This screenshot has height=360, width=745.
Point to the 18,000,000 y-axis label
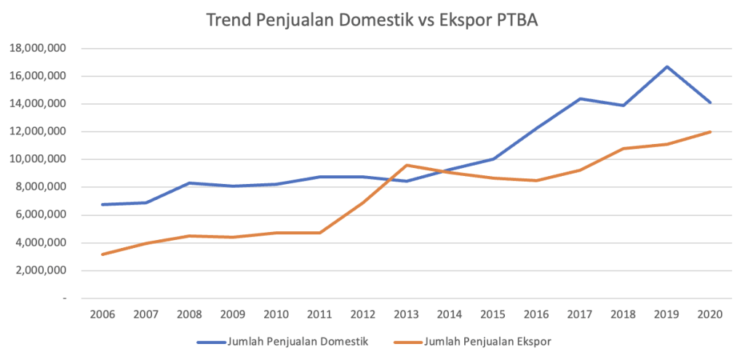38,49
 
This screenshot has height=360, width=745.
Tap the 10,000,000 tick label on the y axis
38,159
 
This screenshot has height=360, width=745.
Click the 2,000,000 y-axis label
41,271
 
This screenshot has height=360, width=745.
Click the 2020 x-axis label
710,315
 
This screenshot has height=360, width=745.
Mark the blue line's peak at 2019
667,67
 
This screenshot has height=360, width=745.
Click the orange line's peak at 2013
407,165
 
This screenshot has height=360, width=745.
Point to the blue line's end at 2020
710,103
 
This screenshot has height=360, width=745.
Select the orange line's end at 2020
710,132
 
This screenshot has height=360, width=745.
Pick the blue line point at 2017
581,99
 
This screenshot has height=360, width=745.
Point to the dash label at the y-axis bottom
64,298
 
